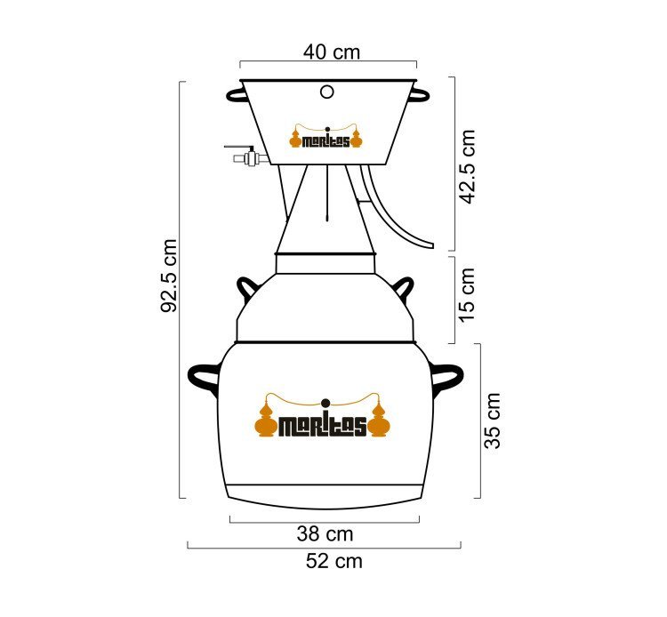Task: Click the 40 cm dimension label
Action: (x=332, y=52)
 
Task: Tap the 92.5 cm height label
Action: (x=169, y=276)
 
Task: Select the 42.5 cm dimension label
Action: (x=467, y=166)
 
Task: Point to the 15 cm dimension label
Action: (x=467, y=295)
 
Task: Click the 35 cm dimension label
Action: (x=493, y=421)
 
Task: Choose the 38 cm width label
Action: (x=325, y=534)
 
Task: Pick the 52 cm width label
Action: (x=334, y=561)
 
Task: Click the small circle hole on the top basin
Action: (x=326, y=92)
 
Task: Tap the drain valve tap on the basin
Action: (x=249, y=155)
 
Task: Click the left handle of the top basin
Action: (x=236, y=95)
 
